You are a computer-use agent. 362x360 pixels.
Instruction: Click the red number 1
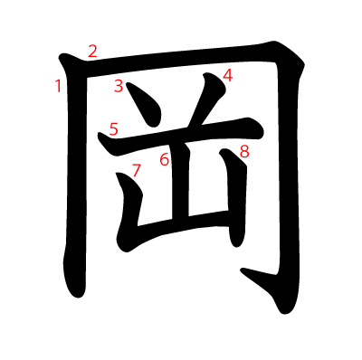pyautogui.click(x=59, y=86)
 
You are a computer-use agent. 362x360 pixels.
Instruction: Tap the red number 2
pyautogui.click(x=93, y=51)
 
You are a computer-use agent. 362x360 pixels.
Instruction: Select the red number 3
pyautogui.click(x=119, y=86)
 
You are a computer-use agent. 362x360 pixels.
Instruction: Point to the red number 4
pyautogui.click(x=228, y=75)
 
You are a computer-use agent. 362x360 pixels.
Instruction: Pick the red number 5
pyautogui.click(x=114, y=129)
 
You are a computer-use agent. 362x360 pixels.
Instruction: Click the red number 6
pyautogui.click(x=165, y=159)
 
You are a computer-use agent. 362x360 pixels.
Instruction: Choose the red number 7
pyautogui.click(x=137, y=170)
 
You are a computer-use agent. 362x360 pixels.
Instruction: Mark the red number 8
pyautogui.click(x=244, y=151)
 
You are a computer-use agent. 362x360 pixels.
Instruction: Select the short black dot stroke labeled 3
pyautogui.click(x=145, y=104)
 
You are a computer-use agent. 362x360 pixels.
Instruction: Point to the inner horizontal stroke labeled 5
pyautogui.click(x=181, y=136)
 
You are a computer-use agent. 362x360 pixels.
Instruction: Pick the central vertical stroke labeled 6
pyautogui.click(x=180, y=181)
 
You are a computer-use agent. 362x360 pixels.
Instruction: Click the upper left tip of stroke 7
pyautogui.click(x=117, y=174)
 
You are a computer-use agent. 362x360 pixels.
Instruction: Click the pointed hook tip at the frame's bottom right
pyautogui.click(x=242, y=270)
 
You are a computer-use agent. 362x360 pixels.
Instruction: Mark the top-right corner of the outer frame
pyautogui.click(x=304, y=64)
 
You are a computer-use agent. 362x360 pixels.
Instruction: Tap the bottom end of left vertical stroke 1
pyautogui.click(x=78, y=298)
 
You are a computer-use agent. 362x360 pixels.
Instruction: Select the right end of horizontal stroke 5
pyautogui.click(x=263, y=133)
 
